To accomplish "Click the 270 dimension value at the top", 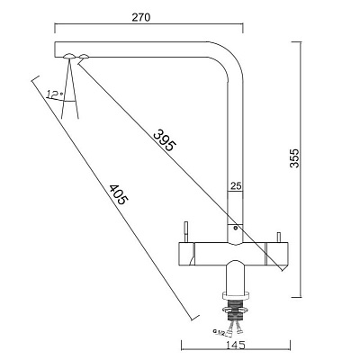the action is [140, 17].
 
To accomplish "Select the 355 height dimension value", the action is [294, 157].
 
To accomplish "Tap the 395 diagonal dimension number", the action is [165, 140].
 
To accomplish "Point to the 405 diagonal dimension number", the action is [118, 194].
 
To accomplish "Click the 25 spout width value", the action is [236, 186].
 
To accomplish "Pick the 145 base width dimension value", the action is [235, 345].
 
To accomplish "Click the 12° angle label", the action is [55, 94].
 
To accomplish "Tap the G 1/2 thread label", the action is [220, 332].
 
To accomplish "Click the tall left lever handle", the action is [186, 232].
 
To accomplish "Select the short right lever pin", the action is [278, 237].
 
